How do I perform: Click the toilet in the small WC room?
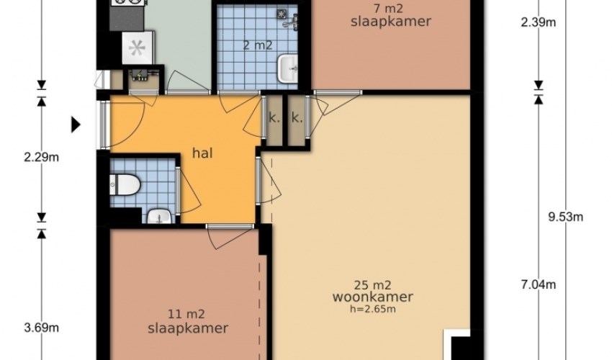click(125, 184)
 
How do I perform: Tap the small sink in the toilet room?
click(159, 216)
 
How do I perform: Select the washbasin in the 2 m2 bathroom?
click(288, 68)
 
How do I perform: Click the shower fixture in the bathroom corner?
click(288, 19)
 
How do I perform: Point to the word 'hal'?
click(202, 153)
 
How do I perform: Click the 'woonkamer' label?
click(373, 297)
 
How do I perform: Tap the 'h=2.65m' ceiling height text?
click(373, 310)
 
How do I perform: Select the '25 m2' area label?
click(373, 285)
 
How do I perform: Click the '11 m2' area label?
click(186, 314)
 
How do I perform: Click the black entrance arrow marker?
click(76, 125)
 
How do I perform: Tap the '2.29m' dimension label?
click(41, 158)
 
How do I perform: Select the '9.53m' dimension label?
click(565, 217)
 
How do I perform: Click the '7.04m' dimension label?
click(539, 284)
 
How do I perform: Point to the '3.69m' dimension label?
click(41, 328)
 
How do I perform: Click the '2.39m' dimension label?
click(539, 22)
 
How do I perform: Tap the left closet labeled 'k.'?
click(274, 121)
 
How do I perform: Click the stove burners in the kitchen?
click(127, 3)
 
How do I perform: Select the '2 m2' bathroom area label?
click(258, 45)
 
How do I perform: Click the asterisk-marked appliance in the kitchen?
click(137, 48)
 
